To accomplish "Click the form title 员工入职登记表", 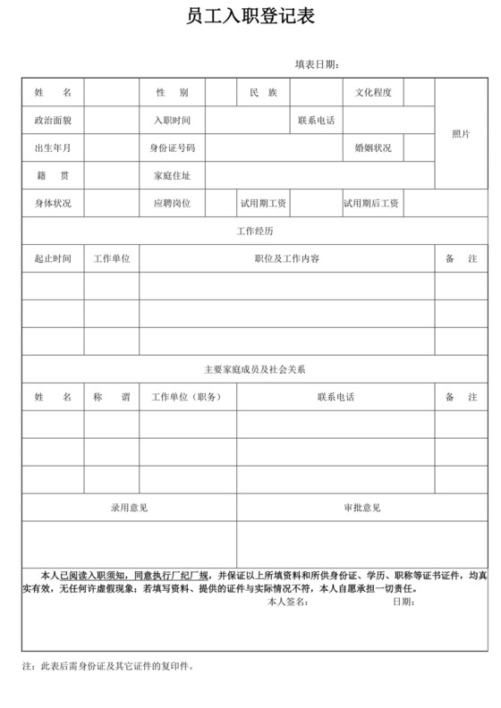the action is click(x=250, y=18).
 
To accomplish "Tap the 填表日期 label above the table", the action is click(x=317, y=64).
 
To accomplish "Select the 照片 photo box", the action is click(x=461, y=134).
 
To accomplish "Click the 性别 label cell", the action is click(x=172, y=93).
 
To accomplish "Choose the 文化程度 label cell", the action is click(x=373, y=93).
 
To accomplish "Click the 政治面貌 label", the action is click(x=53, y=121).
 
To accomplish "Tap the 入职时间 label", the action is click(x=172, y=121).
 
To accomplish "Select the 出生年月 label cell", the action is click(x=53, y=148).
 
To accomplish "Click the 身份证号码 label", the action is click(x=172, y=148).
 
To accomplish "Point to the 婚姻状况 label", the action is click(x=373, y=148).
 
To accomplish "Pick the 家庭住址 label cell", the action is click(x=172, y=176).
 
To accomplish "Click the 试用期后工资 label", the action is click(x=371, y=204).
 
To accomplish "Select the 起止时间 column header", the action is click(x=53, y=259).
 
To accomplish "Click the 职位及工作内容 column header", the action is click(x=286, y=259).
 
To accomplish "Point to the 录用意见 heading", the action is click(x=129, y=508).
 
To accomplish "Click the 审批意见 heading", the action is click(x=361, y=508).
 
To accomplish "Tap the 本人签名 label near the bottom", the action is click(x=287, y=602).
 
